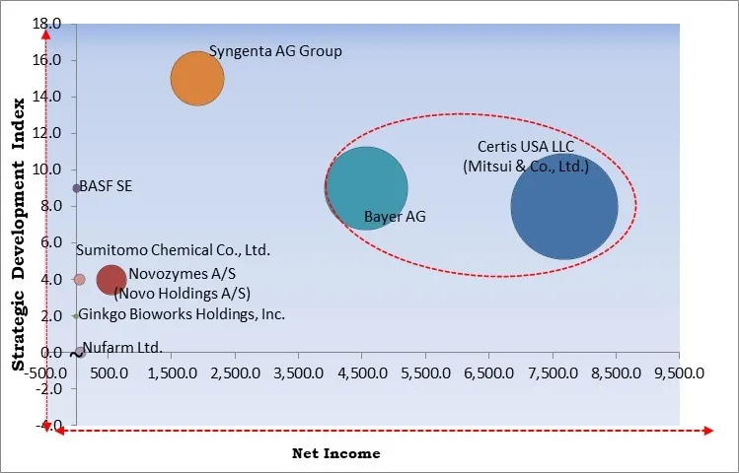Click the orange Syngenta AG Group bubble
(x=197, y=78)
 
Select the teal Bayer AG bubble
(x=366, y=188)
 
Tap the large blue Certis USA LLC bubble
(x=564, y=207)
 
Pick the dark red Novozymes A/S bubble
(x=111, y=280)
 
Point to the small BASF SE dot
(x=77, y=188)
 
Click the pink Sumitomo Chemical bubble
(x=80, y=280)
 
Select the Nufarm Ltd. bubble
(x=80, y=351)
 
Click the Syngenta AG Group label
(x=275, y=51)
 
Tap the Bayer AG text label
(x=395, y=217)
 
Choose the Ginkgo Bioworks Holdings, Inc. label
(x=182, y=315)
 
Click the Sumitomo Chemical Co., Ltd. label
(x=173, y=251)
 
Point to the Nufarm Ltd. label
(x=123, y=347)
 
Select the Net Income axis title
(x=335, y=453)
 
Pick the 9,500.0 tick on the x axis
(x=679, y=373)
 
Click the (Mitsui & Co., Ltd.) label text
(x=525, y=167)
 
